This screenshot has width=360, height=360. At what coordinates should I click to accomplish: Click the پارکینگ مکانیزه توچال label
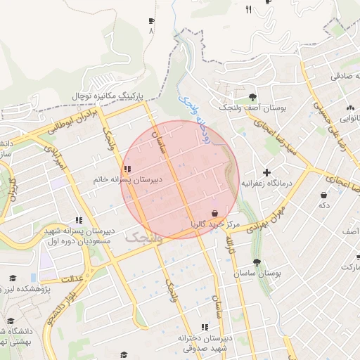pyautogui.click(x=108, y=94)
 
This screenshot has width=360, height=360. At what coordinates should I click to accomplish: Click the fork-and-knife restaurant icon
pyautogui.click(x=248, y=9)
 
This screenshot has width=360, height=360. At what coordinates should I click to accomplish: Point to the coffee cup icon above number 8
pyautogui.click(x=151, y=22)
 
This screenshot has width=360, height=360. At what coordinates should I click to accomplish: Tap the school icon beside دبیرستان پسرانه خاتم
pyautogui.click(x=127, y=169)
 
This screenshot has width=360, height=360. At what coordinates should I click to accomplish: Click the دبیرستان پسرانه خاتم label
pyautogui.click(x=127, y=180)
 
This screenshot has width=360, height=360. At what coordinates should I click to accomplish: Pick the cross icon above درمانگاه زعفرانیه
pyautogui.click(x=266, y=172)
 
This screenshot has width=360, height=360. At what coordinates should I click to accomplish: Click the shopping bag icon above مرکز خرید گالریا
pyautogui.click(x=214, y=213)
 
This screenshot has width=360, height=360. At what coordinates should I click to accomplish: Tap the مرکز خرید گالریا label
pyautogui.click(x=214, y=224)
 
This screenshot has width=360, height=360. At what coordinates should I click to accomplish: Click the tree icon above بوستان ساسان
pyautogui.click(x=257, y=262)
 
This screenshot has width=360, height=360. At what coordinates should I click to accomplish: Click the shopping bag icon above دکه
pyautogui.click(x=323, y=195)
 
